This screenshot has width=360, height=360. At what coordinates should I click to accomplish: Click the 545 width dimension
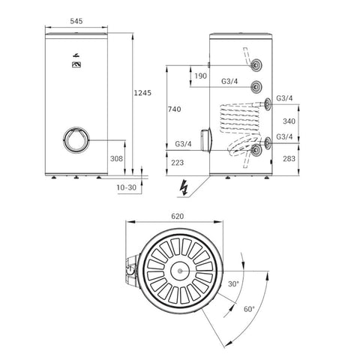[x=76, y=21]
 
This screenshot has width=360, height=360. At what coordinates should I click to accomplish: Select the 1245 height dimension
[x=142, y=93]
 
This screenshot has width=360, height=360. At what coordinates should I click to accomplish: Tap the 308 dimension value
[x=116, y=158]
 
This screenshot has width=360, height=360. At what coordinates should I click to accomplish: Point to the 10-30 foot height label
[x=127, y=187]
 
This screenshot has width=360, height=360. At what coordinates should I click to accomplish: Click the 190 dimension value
[x=201, y=76]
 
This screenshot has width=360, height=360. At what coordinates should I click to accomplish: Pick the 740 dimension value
[x=175, y=109]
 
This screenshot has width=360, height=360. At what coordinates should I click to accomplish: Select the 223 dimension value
[x=178, y=163]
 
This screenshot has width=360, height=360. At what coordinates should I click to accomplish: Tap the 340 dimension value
[x=289, y=121]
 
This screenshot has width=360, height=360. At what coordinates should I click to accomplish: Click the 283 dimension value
[x=289, y=158]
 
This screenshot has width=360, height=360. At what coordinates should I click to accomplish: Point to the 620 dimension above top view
[x=178, y=216]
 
